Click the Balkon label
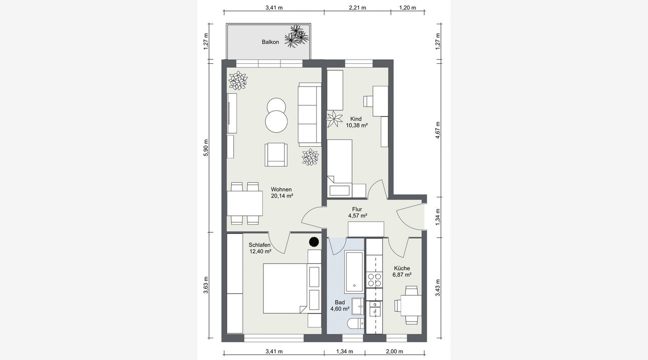coord(270,42)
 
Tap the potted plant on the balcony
coord(297,36)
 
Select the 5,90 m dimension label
coord(206,148)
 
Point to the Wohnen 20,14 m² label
coord(282,192)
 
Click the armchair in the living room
coord(276,154)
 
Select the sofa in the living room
coord(309,114)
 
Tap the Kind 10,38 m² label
coord(357,122)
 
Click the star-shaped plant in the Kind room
coord(334,119)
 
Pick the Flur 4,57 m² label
coord(357,213)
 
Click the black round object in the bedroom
coord(314,242)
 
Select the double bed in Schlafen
coord(285,288)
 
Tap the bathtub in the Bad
coord(354,272)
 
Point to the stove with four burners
coord(374,280)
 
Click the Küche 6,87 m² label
coord(402,271)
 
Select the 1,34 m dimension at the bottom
coord(345,351)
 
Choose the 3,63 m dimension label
coord(206,285)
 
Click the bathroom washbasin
coord(358,306)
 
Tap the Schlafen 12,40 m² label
coord(260,248)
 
